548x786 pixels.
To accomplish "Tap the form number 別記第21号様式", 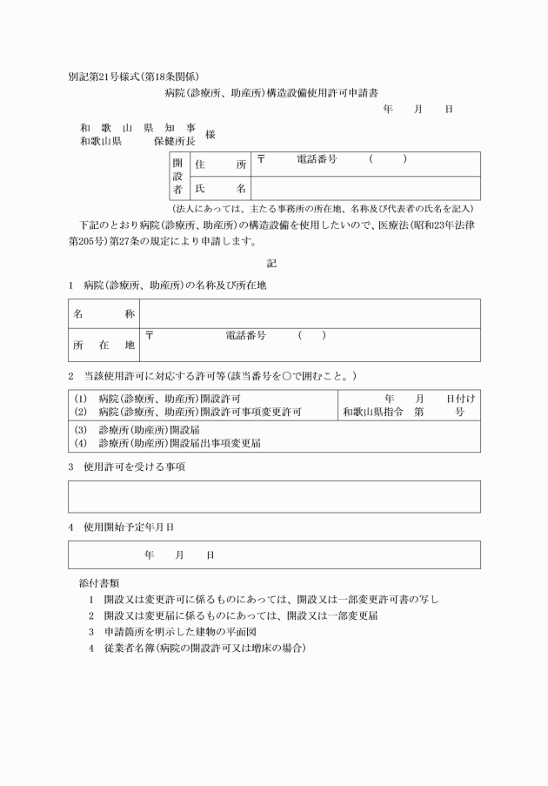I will coord(108,77).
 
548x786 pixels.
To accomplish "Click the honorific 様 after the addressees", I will coord(211,134).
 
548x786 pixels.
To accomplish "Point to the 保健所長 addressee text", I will coord(174,140).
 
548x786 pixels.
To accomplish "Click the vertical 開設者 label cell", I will coord(177,176).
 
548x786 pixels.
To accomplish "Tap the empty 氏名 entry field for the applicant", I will coord(365,188).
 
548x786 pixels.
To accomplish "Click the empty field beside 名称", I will coord(310,312).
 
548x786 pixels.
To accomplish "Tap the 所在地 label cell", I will coord(104,345).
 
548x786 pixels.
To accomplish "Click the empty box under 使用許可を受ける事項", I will coord(274,496).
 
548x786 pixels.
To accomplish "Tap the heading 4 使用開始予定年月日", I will coord(121,527).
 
